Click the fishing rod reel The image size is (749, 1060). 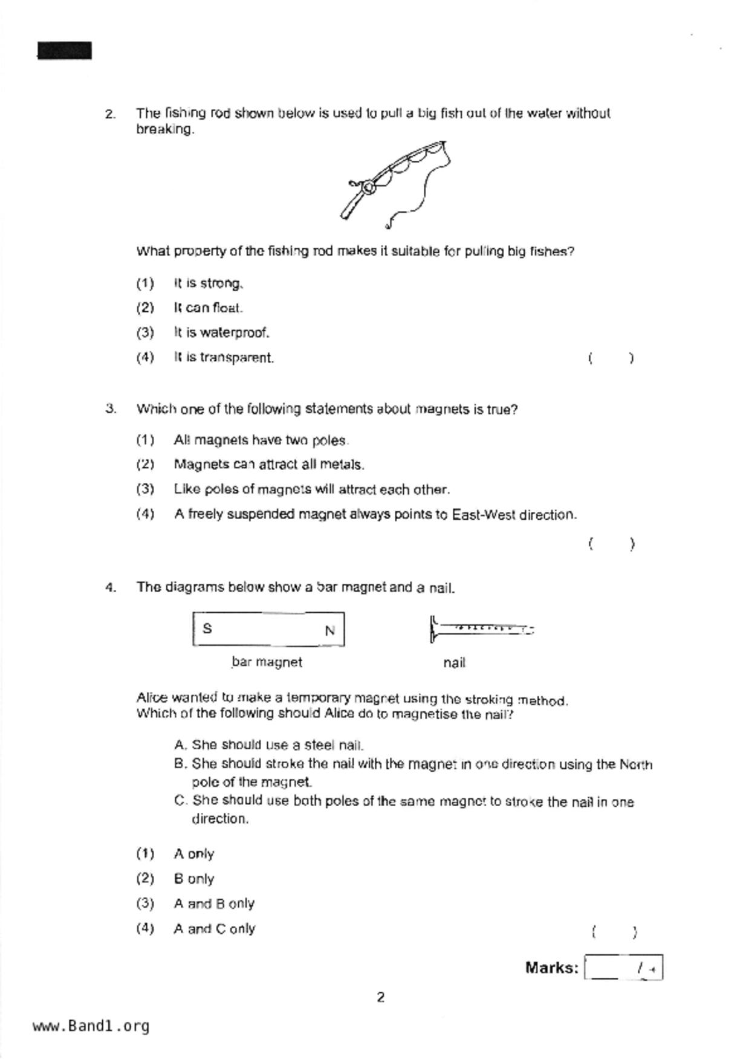(368, 188)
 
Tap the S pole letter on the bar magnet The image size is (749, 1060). (207, 629)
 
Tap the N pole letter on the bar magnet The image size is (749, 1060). (329, 631)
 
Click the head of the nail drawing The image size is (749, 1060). (432, 629)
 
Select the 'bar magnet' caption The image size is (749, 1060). (267, 662)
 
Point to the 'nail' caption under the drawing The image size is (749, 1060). (454, 663)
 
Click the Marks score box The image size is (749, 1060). (623, 968)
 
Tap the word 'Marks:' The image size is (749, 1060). (551, 968)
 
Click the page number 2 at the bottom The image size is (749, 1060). (380, 998)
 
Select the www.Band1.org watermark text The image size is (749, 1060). (91, 1026)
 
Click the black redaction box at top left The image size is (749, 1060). (65, 51)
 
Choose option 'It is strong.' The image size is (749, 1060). (209, 283)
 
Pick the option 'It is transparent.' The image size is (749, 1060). (224, 358)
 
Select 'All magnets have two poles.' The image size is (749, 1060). (261, 441)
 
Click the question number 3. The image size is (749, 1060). (110, 409)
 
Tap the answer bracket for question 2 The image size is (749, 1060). (611, 358)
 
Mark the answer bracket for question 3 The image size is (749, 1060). (611, 544)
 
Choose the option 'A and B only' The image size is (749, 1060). (214, 903)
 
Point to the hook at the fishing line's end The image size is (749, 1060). (388, 225)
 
